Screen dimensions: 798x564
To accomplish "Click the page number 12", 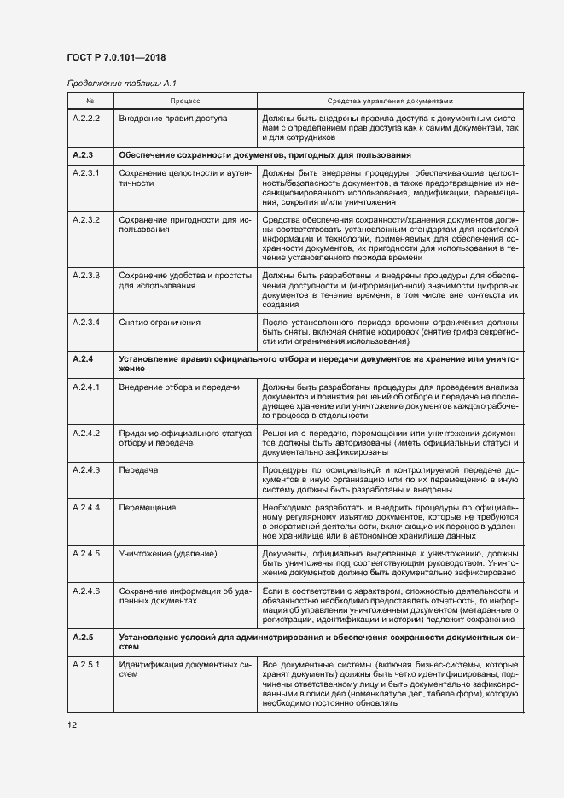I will click(x=72, y=725).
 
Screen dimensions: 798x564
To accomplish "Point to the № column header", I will click(x=90, y=100).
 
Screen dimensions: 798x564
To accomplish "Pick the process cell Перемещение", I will click(x=148, y=508).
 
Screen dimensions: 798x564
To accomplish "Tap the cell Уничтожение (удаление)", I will click(x=168, y=554).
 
